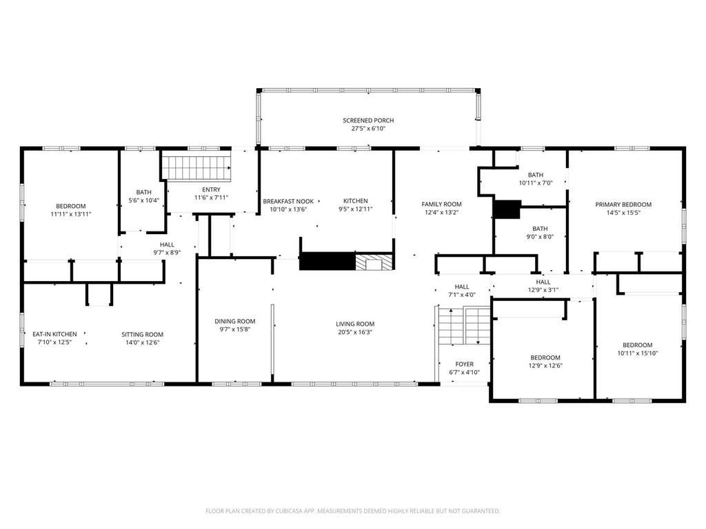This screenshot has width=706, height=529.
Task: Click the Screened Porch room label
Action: click(x=368, y=121)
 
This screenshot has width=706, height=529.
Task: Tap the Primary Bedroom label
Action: click(x=623, y=205)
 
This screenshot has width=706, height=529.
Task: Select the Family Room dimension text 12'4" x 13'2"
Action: click(x=441, y=212)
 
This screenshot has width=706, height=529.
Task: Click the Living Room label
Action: click(x=355, y=324)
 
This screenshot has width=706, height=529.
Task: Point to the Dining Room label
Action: click(x=234, y=321)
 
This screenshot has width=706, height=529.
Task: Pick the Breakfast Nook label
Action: click(x=288, y=202)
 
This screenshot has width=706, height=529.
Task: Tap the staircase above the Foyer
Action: click(x=465, y=326)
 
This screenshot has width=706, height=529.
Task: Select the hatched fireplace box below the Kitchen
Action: click(x=374, y=262)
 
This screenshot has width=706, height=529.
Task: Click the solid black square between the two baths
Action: click(x=507, y=209)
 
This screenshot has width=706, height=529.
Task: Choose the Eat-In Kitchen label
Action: click(x=54, y=334)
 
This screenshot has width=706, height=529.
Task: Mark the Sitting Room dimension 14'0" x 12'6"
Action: click(x=142, y=342)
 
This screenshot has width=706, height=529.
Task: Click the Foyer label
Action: click(x=464, y=364)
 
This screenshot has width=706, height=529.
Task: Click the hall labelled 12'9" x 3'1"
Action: click(x=543, y=286)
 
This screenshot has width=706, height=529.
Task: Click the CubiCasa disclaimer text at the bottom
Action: click(x=352, y=511)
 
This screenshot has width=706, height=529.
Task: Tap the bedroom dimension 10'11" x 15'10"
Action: click(x=638, y=353)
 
